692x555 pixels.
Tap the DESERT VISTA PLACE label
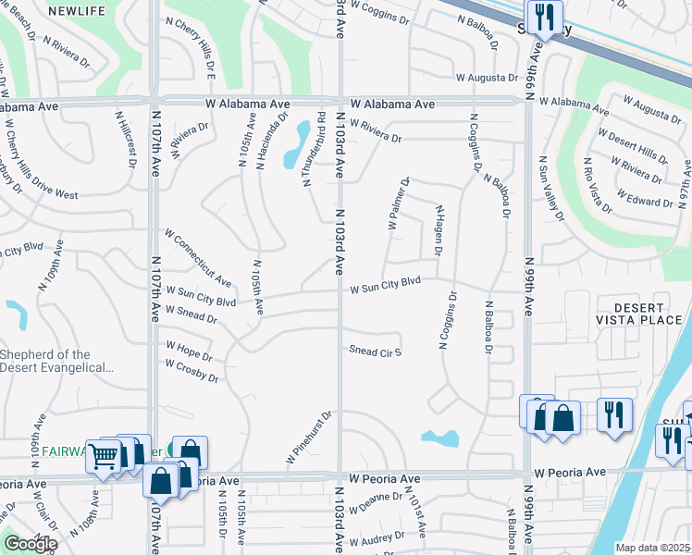650,313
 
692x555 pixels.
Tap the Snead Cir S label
375,351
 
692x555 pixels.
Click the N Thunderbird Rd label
314,148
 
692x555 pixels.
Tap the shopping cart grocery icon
104,454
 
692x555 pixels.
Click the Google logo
30,544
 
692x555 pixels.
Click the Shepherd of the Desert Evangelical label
57,361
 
